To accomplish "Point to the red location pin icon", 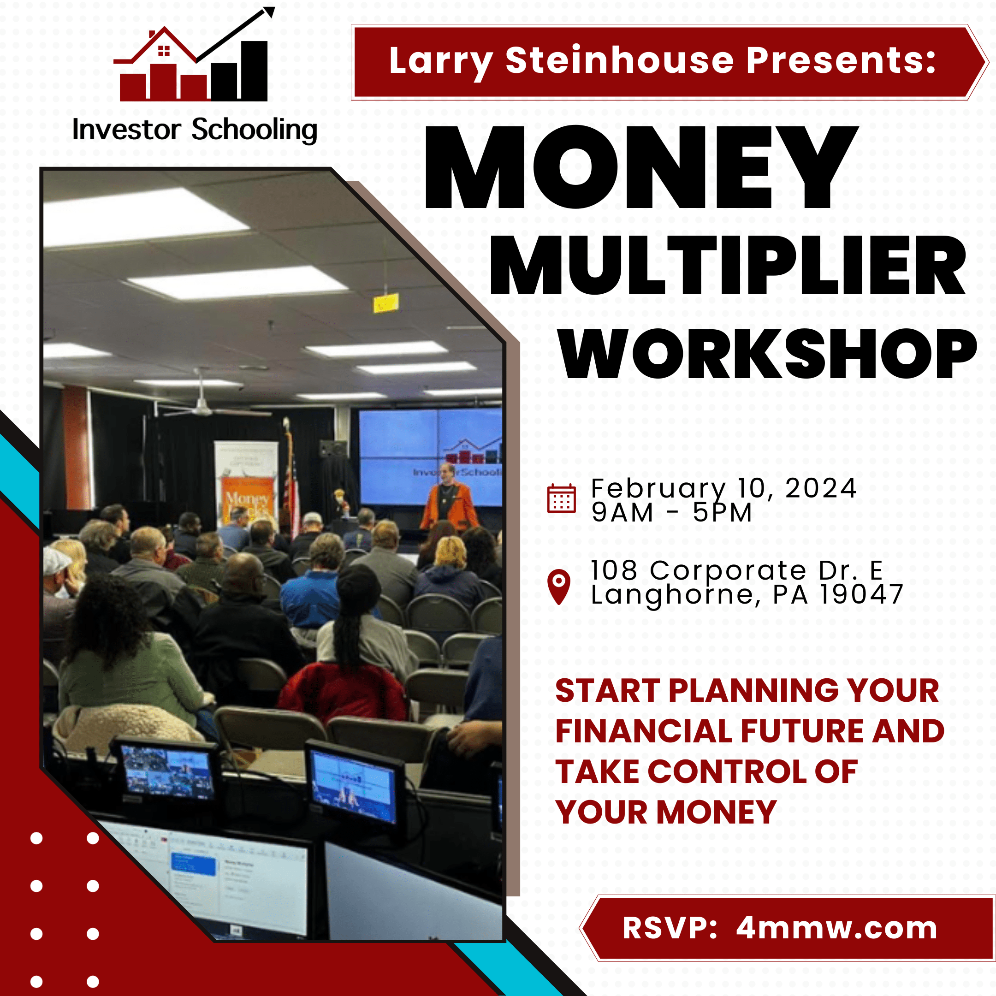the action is pos(559,587).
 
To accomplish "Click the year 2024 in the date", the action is pos(821,488).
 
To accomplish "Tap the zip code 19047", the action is pos(861,594).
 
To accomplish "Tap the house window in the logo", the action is pos(164,51).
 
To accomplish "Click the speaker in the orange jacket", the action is pos(449,498).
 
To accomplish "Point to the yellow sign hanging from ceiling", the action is pos(385,302).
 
